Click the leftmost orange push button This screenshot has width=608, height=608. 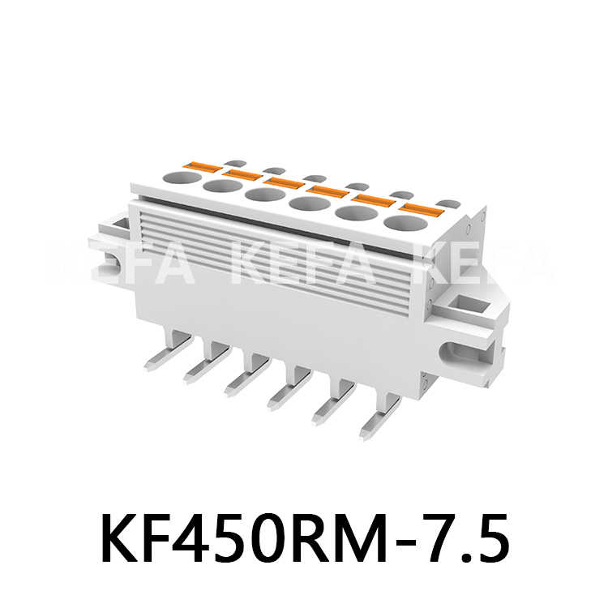click(199, 167)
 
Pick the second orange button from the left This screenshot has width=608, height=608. click(241, 174)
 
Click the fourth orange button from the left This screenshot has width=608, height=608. click(328, 192)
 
